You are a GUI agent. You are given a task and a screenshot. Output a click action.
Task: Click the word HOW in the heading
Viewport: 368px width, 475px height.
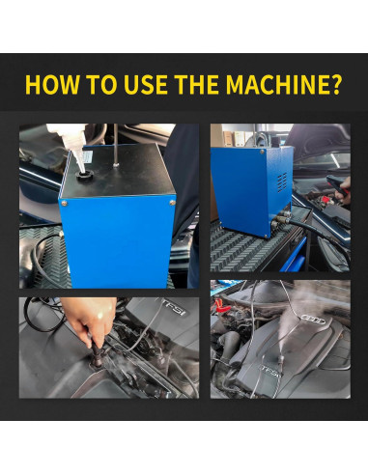(x=52, y=85)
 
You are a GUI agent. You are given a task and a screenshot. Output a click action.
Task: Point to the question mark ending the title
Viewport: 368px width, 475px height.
(x=335, y=85)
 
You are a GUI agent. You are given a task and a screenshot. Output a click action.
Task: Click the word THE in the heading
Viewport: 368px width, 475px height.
(x=197, y=85)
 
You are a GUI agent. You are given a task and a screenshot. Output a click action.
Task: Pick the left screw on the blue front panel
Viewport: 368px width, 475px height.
(x=65, y=203)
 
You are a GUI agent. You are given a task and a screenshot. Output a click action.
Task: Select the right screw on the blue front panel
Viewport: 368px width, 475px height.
(x=173, y=203)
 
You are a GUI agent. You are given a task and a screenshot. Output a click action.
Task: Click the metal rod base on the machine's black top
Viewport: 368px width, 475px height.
(x=116, y=165)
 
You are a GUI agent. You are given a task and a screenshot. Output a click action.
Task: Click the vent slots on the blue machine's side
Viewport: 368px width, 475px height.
(x=282, y=182)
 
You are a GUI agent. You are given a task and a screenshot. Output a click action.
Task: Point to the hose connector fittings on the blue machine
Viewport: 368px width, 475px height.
(x=279, y=218)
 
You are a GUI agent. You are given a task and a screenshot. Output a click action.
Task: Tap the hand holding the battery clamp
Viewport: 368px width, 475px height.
(x=343, y=192)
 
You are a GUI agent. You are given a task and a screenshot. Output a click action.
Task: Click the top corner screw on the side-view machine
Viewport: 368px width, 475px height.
(x=262, y=152)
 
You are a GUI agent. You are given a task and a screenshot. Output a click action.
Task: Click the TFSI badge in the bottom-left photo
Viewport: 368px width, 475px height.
(x=174, y=308)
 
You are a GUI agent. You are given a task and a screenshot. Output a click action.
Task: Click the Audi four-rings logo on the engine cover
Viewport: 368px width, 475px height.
(x=313, y=320)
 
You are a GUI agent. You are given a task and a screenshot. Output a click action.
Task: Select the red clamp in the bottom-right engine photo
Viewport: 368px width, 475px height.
(x=221, y=305)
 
